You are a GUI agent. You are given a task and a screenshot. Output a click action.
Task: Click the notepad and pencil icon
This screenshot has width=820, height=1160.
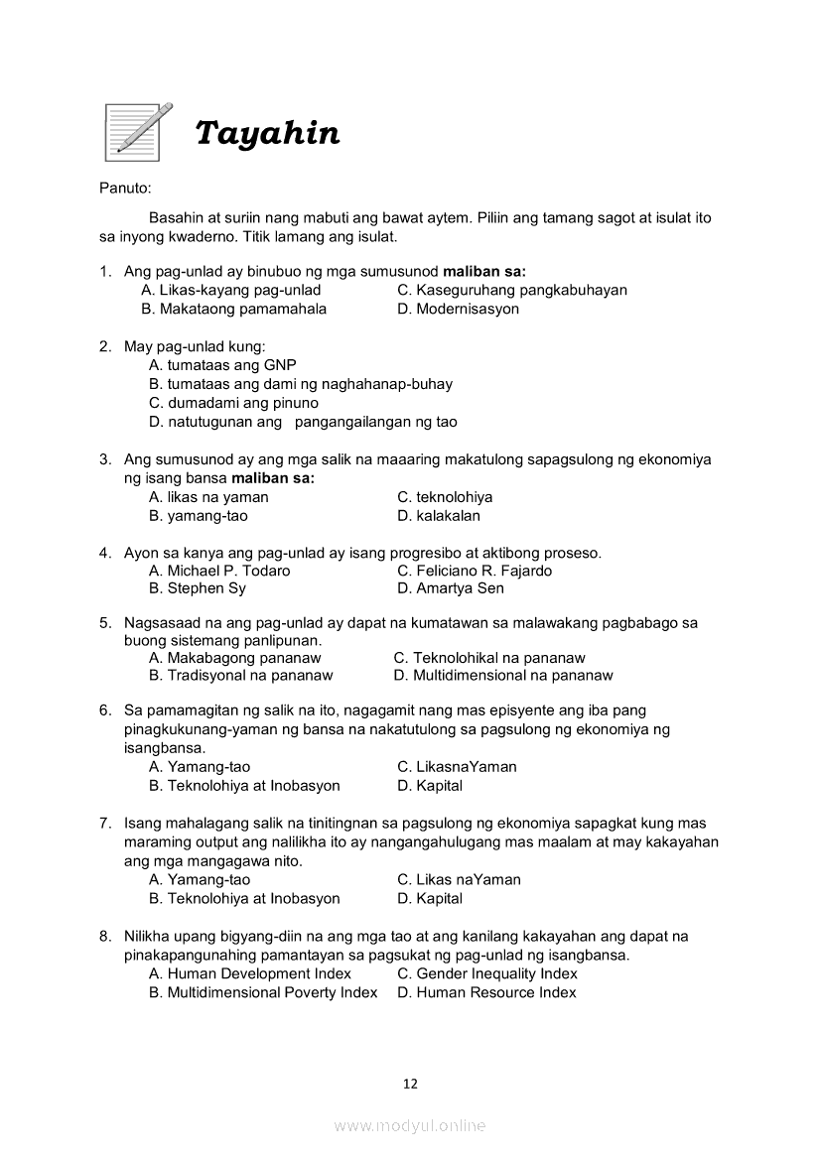click(138, 131)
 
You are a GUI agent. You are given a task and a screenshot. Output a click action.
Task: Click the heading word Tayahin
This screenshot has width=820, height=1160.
click(267, 133)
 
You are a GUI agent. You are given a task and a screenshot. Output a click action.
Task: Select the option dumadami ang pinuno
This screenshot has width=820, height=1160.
click(233, 403)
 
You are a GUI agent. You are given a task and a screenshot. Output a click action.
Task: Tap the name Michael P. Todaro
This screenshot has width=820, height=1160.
click(219, 571)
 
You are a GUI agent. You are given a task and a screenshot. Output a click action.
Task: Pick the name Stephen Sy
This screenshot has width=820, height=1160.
click(198, 588)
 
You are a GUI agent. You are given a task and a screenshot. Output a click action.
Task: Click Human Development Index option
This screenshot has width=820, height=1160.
click(250, 974)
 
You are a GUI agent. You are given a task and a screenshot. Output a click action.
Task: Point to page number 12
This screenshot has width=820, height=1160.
click(410, 1084)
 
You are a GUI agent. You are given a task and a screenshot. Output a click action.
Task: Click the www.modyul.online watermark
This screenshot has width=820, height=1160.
click(410, 1126)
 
